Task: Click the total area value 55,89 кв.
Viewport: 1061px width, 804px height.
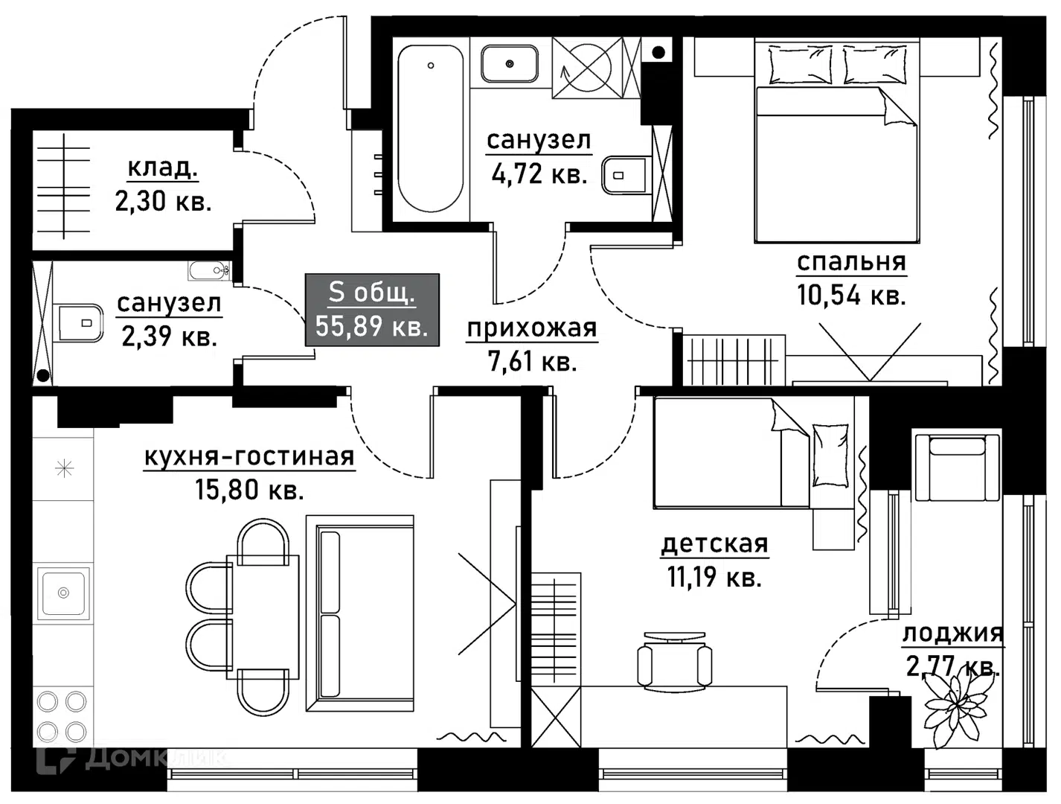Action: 371,326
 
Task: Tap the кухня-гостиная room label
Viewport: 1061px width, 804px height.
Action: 249,456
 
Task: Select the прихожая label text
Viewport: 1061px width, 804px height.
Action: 531,328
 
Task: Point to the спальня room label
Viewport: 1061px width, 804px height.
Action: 851,262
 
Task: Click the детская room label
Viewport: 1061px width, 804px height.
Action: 714,544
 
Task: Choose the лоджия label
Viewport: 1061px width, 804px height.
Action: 952,634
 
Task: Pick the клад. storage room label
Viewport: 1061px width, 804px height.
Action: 163,168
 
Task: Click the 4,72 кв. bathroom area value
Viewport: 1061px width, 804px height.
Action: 539,173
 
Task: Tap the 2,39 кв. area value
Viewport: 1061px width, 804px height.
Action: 169,336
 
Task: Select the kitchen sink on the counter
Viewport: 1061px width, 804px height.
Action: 64,593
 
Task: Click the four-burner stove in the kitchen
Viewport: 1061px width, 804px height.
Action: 62,715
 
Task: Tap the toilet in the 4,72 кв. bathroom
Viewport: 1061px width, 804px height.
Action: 626,175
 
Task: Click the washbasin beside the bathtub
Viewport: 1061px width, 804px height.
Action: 510,64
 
